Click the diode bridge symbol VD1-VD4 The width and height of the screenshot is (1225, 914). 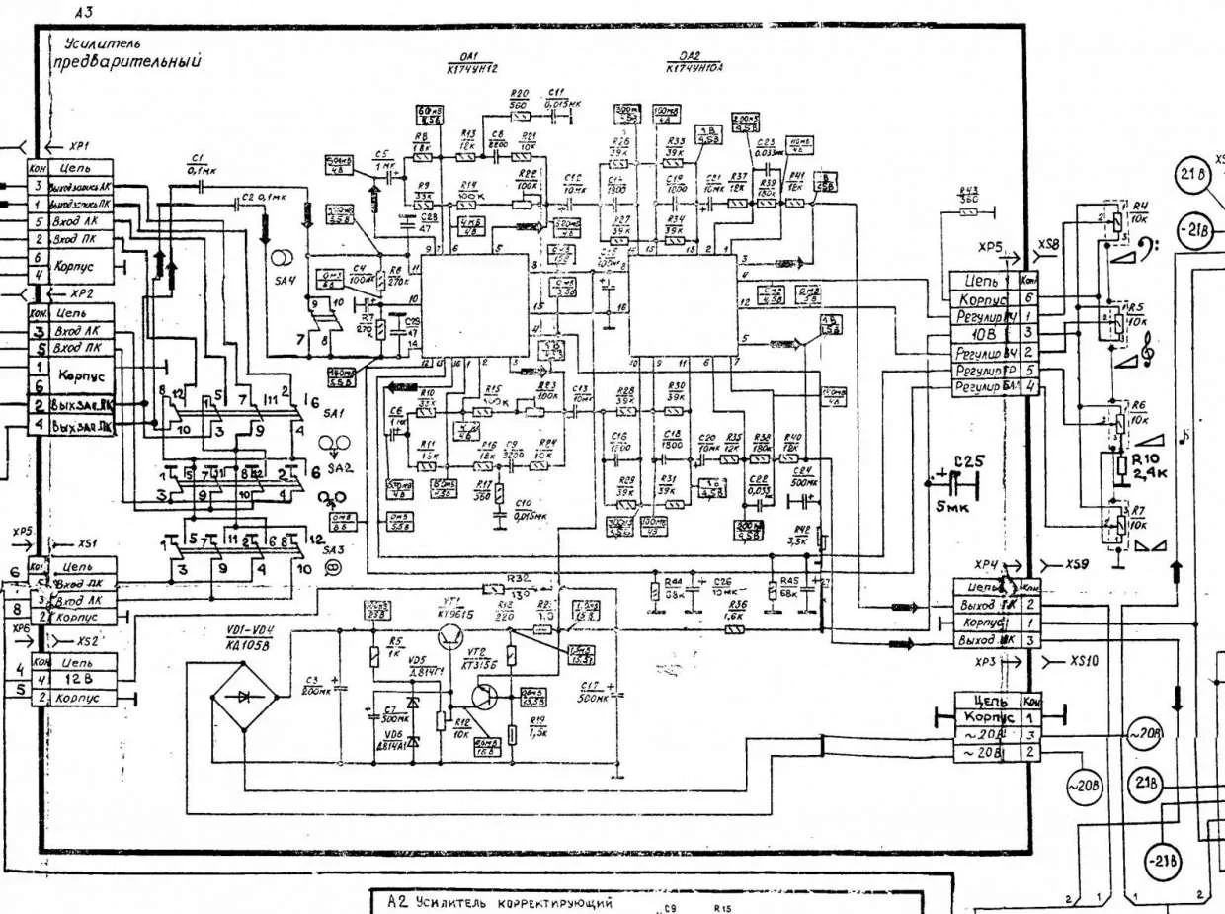[243, 697]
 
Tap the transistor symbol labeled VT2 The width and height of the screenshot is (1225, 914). [485, 695]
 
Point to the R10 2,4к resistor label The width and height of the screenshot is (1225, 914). [1149, 465]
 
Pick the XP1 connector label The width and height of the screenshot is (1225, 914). [75, 143]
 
